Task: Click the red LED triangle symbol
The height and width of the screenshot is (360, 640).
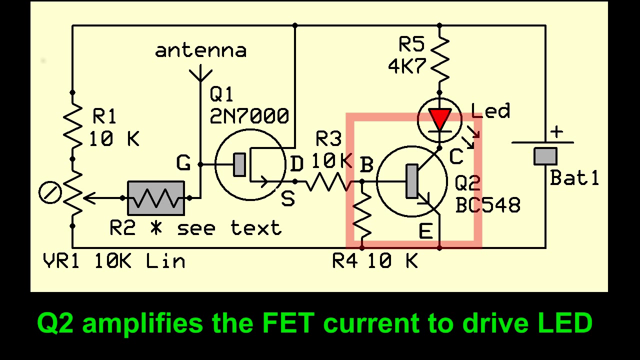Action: (x=440, y=119)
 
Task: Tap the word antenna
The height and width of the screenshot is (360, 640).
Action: (x=200, y=50)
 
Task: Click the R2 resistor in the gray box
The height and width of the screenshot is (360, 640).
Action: (x=156, y=198)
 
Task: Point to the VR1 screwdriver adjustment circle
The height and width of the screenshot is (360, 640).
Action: (x=50, y=193)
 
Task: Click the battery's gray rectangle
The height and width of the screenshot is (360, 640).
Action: (x=545, y=156)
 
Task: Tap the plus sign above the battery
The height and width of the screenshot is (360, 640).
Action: (x=556, y=132)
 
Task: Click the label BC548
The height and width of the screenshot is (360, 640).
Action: (x=487, y=205)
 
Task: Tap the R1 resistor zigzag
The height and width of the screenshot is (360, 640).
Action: (x=72, y=125)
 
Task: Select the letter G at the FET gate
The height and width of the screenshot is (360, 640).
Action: (x=183, y=163)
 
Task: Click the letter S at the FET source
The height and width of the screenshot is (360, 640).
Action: (x=288, y=199)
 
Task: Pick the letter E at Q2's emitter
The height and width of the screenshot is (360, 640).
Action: (x=425, y=231)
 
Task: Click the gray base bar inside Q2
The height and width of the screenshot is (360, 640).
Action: (x=412, y=181)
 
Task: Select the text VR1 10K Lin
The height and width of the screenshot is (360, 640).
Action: (x=113, y=261)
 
